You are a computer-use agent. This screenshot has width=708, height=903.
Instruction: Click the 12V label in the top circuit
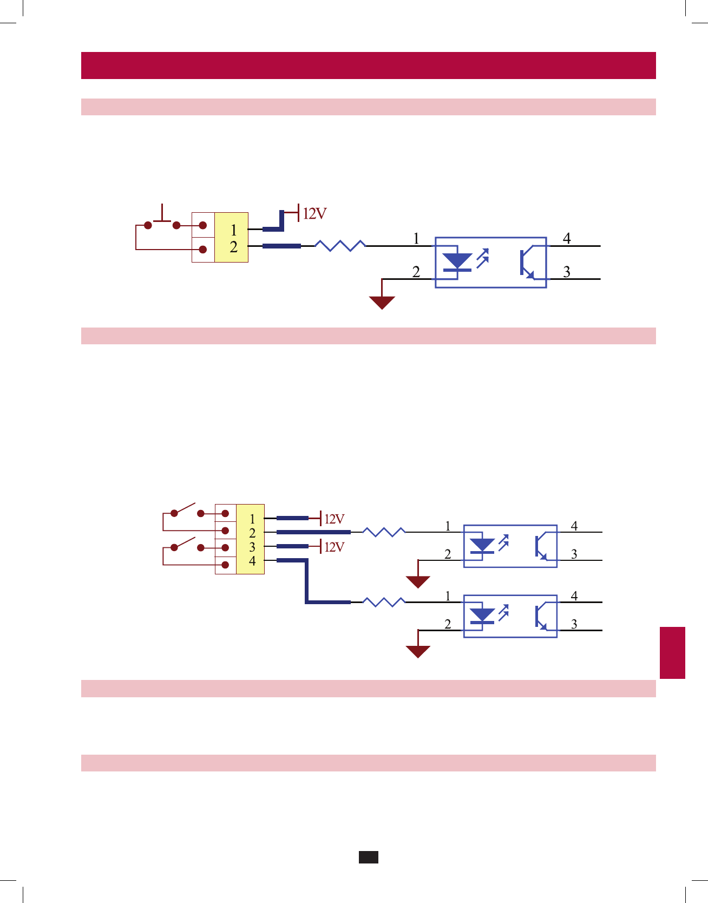(x=314, y=214)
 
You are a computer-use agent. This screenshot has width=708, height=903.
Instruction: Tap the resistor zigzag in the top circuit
(x=340, y=246)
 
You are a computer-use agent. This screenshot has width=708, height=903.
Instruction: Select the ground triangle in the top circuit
(x=382, y=302)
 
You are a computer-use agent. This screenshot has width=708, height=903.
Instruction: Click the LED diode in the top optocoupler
(x=457, y=261)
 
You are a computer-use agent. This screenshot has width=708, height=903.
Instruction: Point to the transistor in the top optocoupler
(x=527, y=263)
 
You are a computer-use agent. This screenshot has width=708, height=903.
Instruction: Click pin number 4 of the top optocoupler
(x=567, y=238)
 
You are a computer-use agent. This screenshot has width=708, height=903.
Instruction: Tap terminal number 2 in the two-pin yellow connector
(x=233, y=247)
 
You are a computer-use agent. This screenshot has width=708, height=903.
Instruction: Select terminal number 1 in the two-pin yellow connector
(x=233, y=230)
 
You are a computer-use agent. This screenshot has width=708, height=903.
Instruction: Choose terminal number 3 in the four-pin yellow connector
(x=252, y=547)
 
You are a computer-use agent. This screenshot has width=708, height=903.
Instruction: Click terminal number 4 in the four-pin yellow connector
(x=252, y=561)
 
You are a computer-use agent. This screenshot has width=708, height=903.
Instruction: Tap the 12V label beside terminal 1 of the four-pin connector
(x=334, y=519)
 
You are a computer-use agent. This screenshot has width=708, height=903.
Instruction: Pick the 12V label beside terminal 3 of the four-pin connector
(x=334, y=547)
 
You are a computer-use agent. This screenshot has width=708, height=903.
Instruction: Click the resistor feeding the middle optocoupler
(x=384, y=532)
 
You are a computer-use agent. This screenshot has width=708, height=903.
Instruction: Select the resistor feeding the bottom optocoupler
(x=384, y=602)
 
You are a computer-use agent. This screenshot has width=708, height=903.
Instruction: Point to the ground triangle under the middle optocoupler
(x=418, y=582)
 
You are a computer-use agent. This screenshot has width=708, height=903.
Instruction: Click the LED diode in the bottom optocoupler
(x=482, y=616)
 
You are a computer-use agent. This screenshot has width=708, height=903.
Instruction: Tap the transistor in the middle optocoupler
(x=541, y=546)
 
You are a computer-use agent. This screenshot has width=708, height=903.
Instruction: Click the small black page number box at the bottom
(x=368, y=857)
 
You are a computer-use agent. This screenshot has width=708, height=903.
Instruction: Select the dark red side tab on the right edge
(x=672, y=652)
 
